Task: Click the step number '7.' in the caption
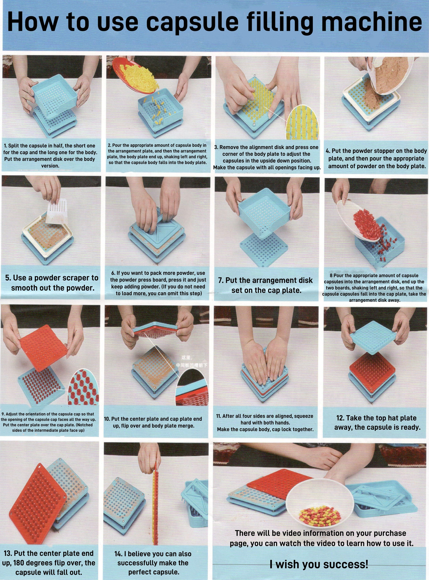pos(221,280)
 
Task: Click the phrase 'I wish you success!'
pos(319,564)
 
